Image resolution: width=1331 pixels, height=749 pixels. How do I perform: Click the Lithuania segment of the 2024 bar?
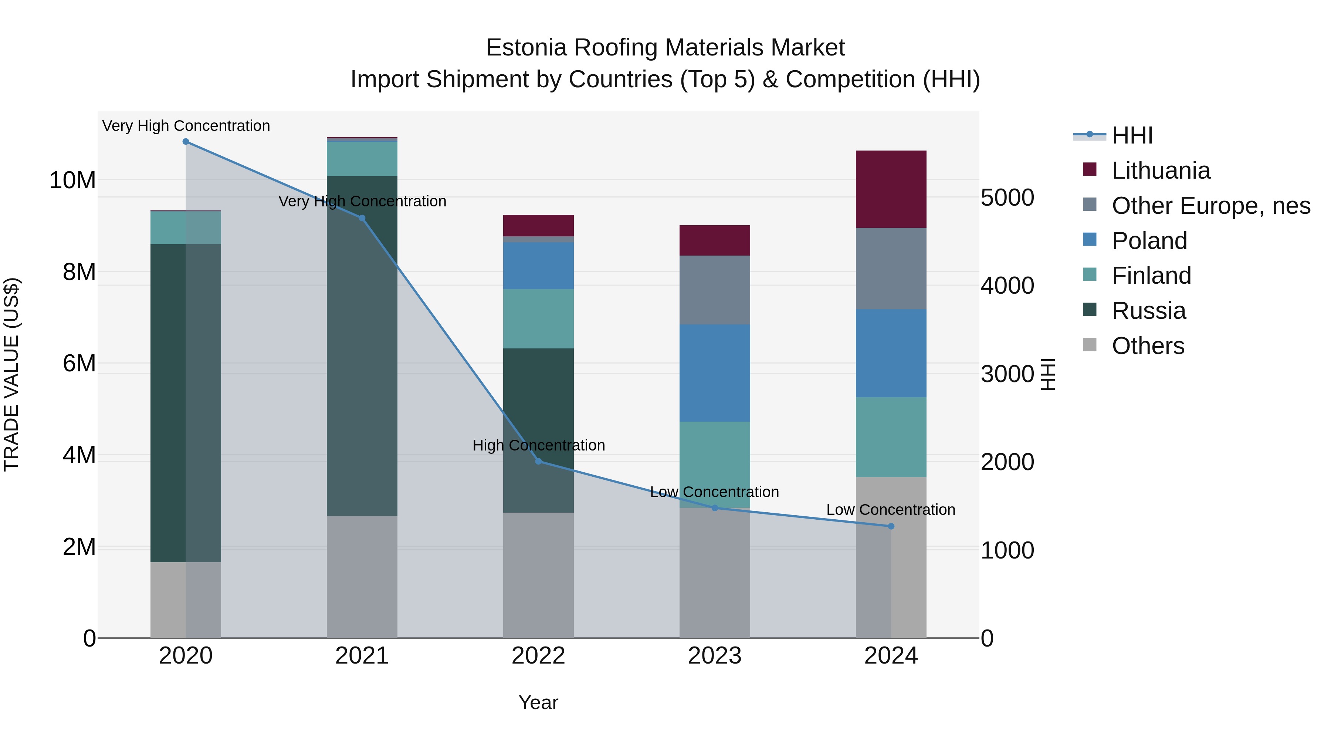891,189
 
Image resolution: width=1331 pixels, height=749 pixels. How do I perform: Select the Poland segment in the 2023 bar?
715,373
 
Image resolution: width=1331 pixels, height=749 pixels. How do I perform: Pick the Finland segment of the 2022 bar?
538,318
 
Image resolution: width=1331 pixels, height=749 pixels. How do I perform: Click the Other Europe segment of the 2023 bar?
715,290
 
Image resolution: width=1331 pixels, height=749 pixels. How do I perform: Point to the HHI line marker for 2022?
538,461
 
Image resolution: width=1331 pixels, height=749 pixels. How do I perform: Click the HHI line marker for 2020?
186,142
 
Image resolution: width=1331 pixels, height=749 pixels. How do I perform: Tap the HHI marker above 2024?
891,526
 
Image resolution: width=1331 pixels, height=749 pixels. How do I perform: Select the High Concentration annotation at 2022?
538,445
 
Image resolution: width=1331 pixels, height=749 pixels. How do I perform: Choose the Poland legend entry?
1149,241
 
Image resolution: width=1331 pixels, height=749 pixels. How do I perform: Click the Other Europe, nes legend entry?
1210,206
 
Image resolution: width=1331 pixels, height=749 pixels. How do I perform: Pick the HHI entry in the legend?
1132,135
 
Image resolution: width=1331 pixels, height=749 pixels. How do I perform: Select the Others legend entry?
1148,346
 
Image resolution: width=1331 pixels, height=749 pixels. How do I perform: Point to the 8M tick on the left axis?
79,272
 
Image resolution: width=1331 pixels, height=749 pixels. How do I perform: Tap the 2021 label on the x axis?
362,656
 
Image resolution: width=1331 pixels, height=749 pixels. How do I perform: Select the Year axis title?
538,702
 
